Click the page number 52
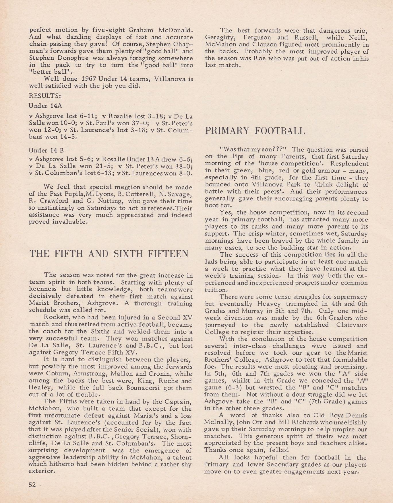click(32, 484)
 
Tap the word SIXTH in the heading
click(129, 254)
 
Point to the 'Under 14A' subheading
click(45, 106)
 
